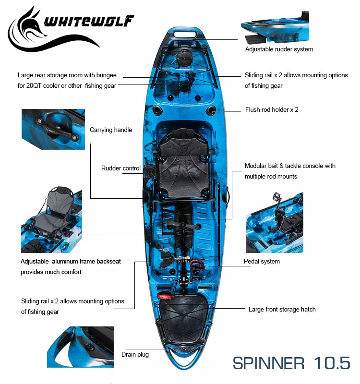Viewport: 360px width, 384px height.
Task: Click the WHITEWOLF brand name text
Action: point(89,21)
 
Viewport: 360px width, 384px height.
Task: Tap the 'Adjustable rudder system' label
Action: point(279,49)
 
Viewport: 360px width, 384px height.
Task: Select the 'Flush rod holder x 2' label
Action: point(272,109)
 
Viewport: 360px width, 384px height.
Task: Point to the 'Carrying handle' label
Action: point(111,130)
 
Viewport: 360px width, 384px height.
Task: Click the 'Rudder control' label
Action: point(121,168)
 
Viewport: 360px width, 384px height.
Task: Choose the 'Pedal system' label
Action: point(262,261)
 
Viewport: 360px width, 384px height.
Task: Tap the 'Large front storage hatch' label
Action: point(282,309)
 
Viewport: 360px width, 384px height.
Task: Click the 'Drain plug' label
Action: point(135,354)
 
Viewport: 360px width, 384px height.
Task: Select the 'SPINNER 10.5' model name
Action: point(291,363)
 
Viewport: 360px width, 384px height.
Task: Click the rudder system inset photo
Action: point(275,27)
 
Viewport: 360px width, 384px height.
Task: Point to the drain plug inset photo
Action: point(80,347)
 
